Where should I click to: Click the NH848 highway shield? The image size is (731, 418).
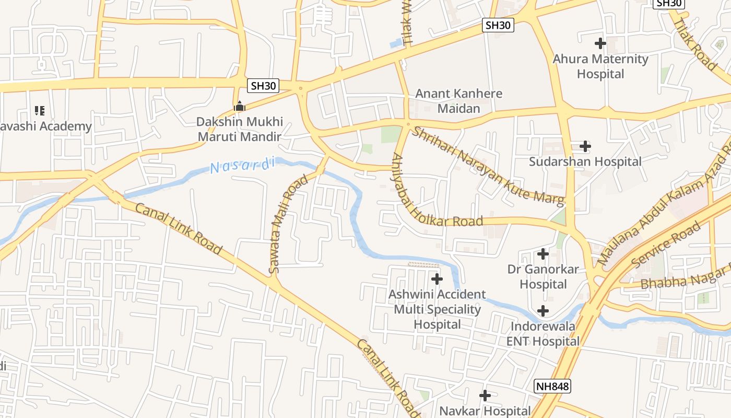point(552,387)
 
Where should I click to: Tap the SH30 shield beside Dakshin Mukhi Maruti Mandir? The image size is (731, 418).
point(263,86)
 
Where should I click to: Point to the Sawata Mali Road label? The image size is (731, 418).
point(289,225)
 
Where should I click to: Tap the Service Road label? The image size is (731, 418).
point(666,245)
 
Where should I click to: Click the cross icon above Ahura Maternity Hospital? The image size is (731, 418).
point(600,43)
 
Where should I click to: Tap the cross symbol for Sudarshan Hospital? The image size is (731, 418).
point(585,146)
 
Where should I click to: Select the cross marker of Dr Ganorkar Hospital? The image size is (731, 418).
point(543,254)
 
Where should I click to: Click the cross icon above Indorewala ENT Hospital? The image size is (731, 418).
point(543,311)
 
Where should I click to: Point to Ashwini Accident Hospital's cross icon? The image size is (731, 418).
point(437,279)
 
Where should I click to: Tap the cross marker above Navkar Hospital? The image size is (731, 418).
point(485,396)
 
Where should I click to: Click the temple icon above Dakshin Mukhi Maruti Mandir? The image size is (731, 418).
point(239,107)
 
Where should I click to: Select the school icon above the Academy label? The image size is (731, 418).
point(40,111)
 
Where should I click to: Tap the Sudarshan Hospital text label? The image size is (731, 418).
point(585,161)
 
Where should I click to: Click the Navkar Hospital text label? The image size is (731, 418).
point(485,411)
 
